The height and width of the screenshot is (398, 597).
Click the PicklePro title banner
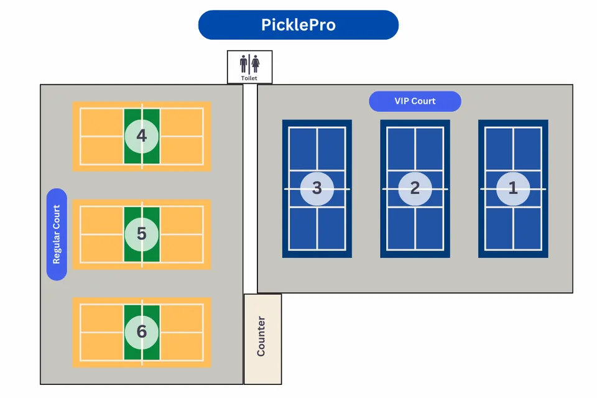pyautogui.click(x=298, y=25)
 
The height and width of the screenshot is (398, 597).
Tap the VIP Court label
pyautogui.click(x=415, y=101)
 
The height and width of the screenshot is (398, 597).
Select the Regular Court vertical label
pyautogui.click(x=57, y=234)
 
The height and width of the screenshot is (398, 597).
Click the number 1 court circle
pyautogui.click(x=513, y=188)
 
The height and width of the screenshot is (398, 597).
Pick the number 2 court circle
pyautogui.click(x=415, y=188)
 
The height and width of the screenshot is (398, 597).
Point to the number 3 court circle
pyautogui.click(x=317, y=188)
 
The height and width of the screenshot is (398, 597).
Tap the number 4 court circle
pyautogui.click(x=142, y=136)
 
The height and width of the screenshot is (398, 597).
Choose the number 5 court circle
pyautogui.click(x=142, y=234)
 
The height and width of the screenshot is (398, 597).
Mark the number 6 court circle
pyautogui.click(x=142, y=331)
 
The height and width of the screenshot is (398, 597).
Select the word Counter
pyautogui.click(x=261, y=336)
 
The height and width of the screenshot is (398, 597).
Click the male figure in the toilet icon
pyautogui.click(x=244, y=63)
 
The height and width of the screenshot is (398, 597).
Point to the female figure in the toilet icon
pyautogui.click(x=255, y=63)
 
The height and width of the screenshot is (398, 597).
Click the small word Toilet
pyautogui.click(x=249, y=78)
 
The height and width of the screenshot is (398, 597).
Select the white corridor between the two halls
pyautogui.click(x=250, y=187)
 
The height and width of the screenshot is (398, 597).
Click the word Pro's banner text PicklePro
pyautogui.click(x=298, y=25)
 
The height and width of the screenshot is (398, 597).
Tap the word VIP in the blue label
pyautogui.click(x=402, y=101)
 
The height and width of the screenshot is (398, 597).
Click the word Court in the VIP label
pyautogui.click(x=423, y=101)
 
